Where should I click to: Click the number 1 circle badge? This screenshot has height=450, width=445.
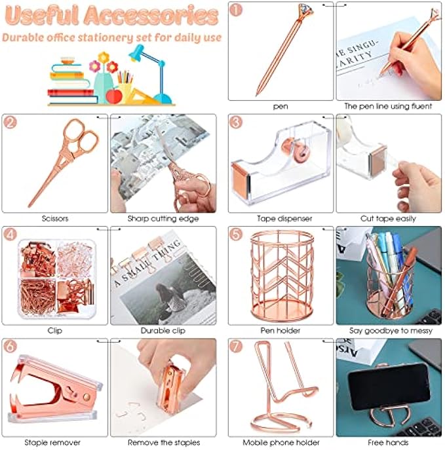(237, 10)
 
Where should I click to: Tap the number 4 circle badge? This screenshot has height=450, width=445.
(10, 234)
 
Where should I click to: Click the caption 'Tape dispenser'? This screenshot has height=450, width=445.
(281, 218)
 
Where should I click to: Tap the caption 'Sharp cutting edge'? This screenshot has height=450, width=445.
(163, 218)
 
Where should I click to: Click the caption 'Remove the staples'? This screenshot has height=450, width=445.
(163, 443)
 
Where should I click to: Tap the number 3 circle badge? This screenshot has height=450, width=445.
(237, 122)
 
